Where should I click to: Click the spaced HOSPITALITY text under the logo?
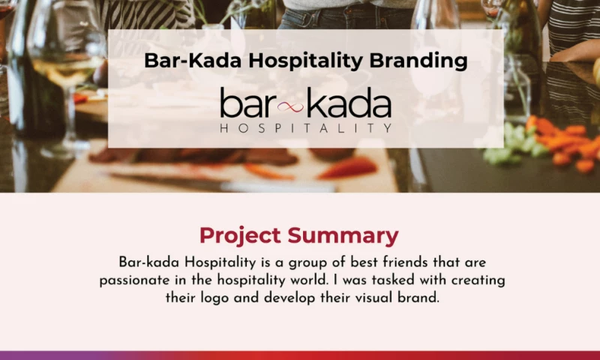pyautogui.click(x=305, y=128)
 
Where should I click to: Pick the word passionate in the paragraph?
pyautogui.click(x=137, y=280)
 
